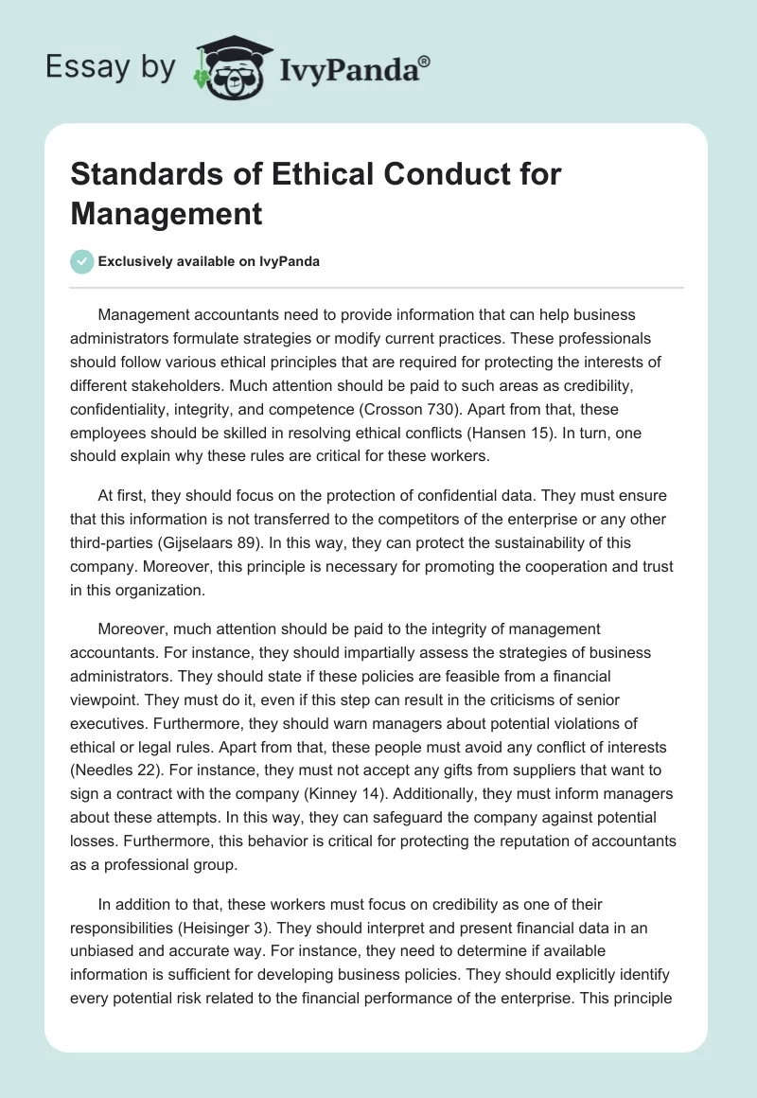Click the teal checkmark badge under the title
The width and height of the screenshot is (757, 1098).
[x=82, y=261]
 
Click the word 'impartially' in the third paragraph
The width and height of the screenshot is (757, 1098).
[x=299, y=654]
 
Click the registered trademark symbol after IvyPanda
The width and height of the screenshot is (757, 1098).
[x=425, y=60]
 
